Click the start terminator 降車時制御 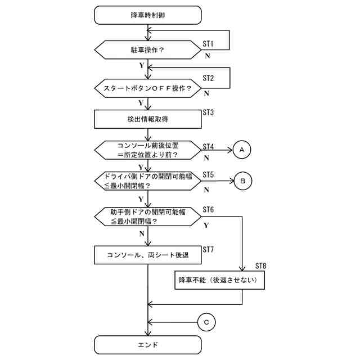pyautogui.click(x=147, y=15)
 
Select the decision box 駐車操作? pyautogui.click(x=147, y=49)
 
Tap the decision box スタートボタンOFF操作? pyautogui.click(x=147, y=88)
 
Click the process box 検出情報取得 pyautogui.click(x=147, y=119)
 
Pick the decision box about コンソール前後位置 pyautogui.click(x=147, y=150)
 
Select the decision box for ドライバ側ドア pyautogui.click(x=147, y=181)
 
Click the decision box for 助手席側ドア pyautogui.click(x=147, y=217)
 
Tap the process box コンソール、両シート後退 pyautogui.click(x=147, y=255)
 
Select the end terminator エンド pyautogui.click(x=147, y=344)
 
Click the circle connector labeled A pyautogui.click(x=242, y=150)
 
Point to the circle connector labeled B pyautogui.click(x=242, y=181)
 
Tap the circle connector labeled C pyautogui.click(x=206, y=322)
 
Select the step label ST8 pyautogui.click(x=261, y=265)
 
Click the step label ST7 pyautogui.click(x=209, y=249)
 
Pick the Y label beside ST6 pyautogui.click(x=206, y=225)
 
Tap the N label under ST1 pyautogui.click(x=207, y=56)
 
